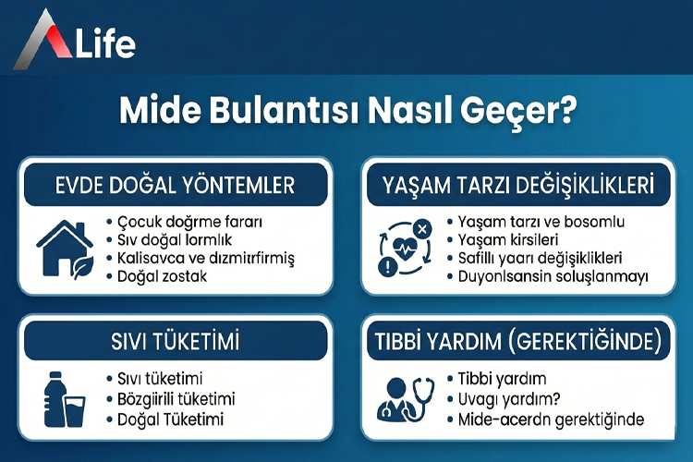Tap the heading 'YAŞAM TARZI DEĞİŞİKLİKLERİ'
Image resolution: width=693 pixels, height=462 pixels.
click(x=518, y=185)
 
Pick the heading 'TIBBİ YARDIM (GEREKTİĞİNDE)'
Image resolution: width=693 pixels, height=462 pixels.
click(x=518, y=342)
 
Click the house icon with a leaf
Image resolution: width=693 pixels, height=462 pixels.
click(x=65, y=248)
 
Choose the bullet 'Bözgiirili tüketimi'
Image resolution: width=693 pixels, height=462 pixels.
click(x=176, y=398)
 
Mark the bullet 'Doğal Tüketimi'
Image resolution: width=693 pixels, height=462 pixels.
click(x=166, y=418)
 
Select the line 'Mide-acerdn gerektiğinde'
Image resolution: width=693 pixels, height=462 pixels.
click(x=551, y=418)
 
